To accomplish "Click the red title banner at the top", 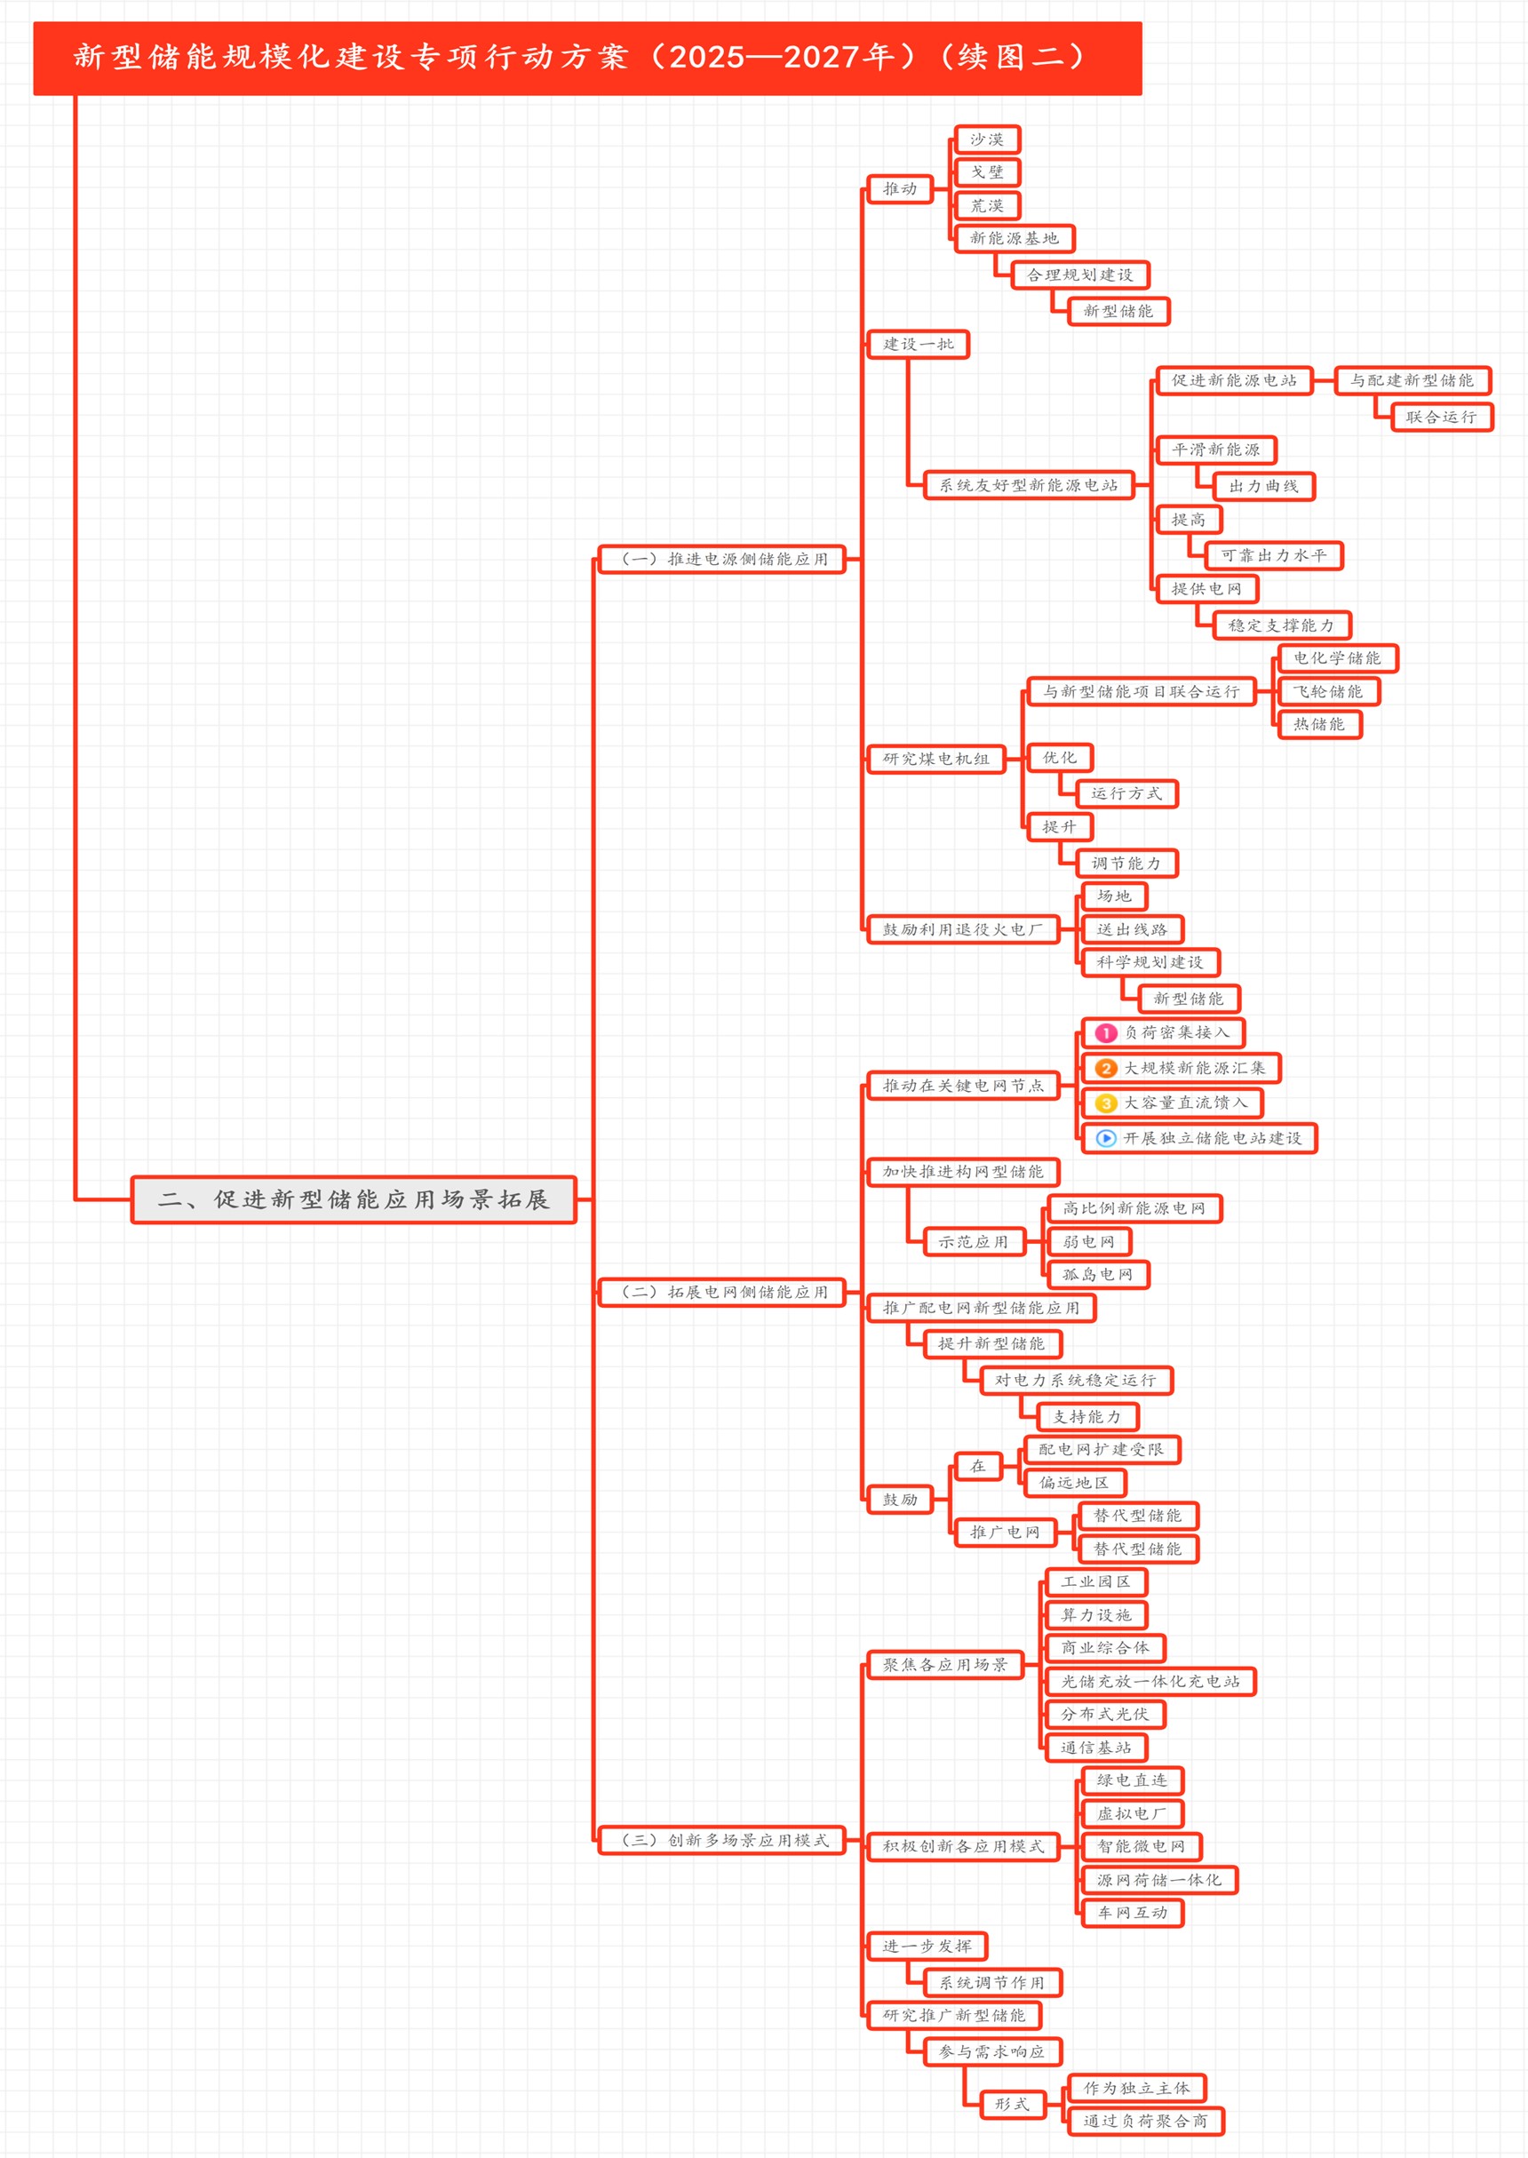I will (x=587, y=58).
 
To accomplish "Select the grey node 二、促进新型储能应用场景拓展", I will (x=353, y=1199).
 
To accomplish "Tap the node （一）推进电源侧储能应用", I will (x=722, y=559).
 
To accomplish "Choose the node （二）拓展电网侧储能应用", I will (x=722, y=1292).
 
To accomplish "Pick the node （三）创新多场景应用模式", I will (x=722, y=1840).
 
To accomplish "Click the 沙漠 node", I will (x=987, y=139).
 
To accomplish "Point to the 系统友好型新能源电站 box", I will (x=1029, y=485).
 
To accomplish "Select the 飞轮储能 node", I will (x=1327, y=691).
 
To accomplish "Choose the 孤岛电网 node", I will (x=1097, y=1275).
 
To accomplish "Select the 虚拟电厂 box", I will (x=1131, y=1813).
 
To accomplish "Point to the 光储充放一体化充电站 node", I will (x=1150, y=1681).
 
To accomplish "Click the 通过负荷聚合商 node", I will (x=1145, y=2122).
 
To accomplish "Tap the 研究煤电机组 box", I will (x=935, y=759).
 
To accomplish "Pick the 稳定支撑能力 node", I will (x=1280, y=625).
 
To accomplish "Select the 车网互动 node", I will (x=1132, y=1913).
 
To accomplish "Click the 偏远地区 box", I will (x=1073, y=1483).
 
